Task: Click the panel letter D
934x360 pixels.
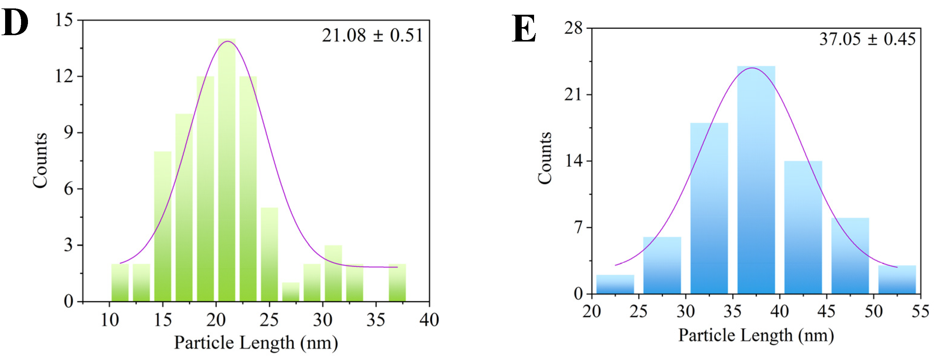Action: (15, 23)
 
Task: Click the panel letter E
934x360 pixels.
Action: (524, 29)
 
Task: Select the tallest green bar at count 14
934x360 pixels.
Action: (227, 171)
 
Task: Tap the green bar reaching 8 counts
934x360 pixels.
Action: (162, 226)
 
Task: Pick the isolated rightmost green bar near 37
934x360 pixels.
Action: (397, 283)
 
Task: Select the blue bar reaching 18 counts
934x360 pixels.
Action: (709, 208)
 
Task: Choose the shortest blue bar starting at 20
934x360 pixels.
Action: (615, 284)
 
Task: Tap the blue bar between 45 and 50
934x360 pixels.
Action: (850, 256)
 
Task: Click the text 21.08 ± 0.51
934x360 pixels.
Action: (372, 35)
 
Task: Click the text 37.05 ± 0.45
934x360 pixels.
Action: (867, 39)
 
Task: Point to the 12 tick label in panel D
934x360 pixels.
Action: (64, 76)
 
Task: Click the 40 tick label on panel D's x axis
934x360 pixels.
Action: (429, 320)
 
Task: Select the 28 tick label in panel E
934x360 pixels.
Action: (573, 28)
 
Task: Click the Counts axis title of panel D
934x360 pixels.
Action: (40, 160)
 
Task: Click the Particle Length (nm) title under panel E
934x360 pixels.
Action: (756, 335)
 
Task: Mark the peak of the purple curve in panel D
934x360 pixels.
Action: (227, 41)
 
